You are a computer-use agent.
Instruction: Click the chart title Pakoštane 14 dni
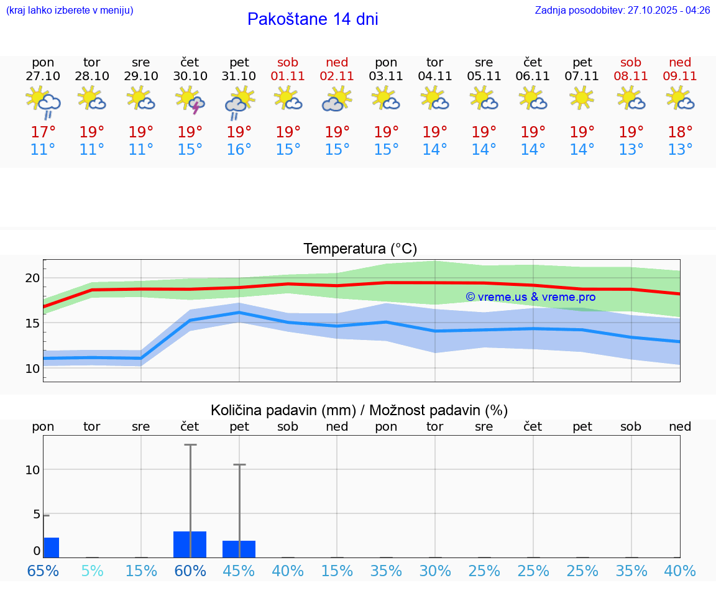coord(313,19)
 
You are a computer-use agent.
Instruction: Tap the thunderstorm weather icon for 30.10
coord(190,100)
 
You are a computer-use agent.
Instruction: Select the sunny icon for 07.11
coord(582,98)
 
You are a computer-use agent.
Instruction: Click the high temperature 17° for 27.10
coord(43,132)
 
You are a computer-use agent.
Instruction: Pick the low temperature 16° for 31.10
coord(239,150)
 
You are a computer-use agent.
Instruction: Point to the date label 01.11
coord(288,76)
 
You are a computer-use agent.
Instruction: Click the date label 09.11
coord(680,76)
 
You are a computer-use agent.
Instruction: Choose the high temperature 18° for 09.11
coord(680,132)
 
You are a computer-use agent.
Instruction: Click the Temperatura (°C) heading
coord(360,249)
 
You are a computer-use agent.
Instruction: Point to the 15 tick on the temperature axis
coord(32,323)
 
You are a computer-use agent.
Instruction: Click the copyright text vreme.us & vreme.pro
coord(530,297)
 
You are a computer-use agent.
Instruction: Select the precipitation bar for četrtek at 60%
coord(190,544)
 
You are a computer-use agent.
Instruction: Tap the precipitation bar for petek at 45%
coord(239,549)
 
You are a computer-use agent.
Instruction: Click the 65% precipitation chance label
coord(43,571)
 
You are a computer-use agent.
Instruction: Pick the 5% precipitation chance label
coord(92,571)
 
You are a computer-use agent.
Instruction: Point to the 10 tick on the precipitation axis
coord(33,470)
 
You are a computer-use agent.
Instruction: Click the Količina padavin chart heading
coord(359,410)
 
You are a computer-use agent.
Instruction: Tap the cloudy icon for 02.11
coord(337,100)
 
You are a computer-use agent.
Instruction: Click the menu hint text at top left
coord(70,11)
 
